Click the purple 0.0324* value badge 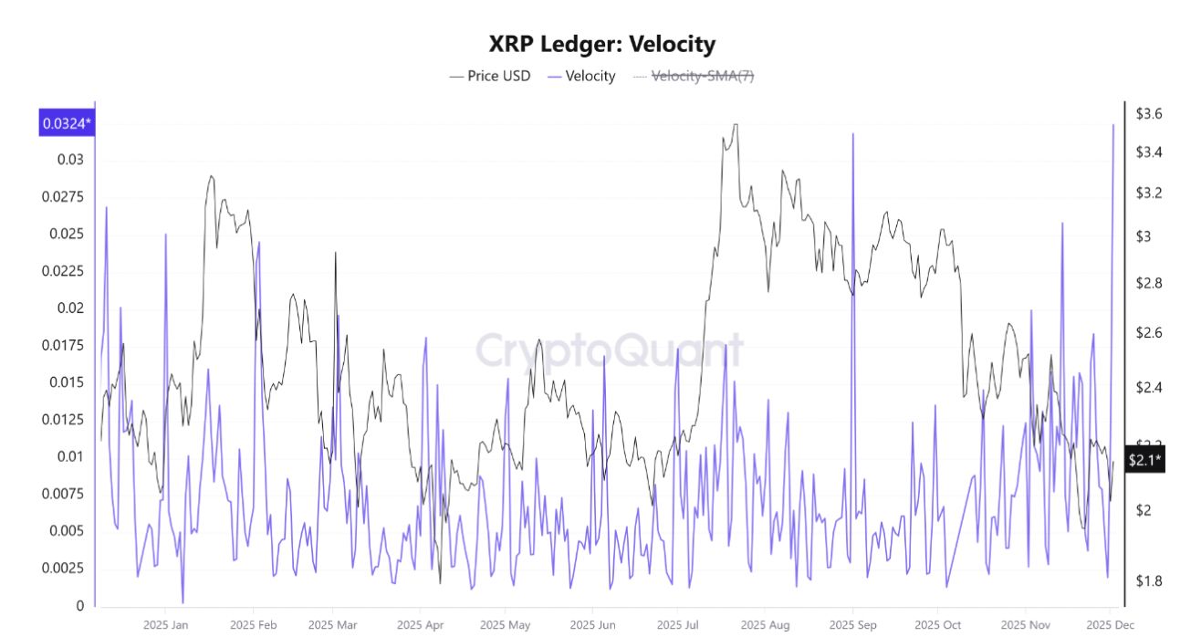[67, 123]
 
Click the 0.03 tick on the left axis [70, 160]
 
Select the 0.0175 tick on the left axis [63, 345]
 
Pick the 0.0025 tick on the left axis [63, 568]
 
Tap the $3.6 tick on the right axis [1148, 114]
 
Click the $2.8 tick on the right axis [1148, 284]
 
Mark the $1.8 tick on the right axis [1148, 580]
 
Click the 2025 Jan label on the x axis [165, 625]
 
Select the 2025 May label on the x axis [505, 625]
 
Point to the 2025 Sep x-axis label [852, 625]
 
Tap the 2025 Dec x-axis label [1110, 625]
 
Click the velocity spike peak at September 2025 [853, 134]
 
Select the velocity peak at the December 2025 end [1112, 125]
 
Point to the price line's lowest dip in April [440, 583]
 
